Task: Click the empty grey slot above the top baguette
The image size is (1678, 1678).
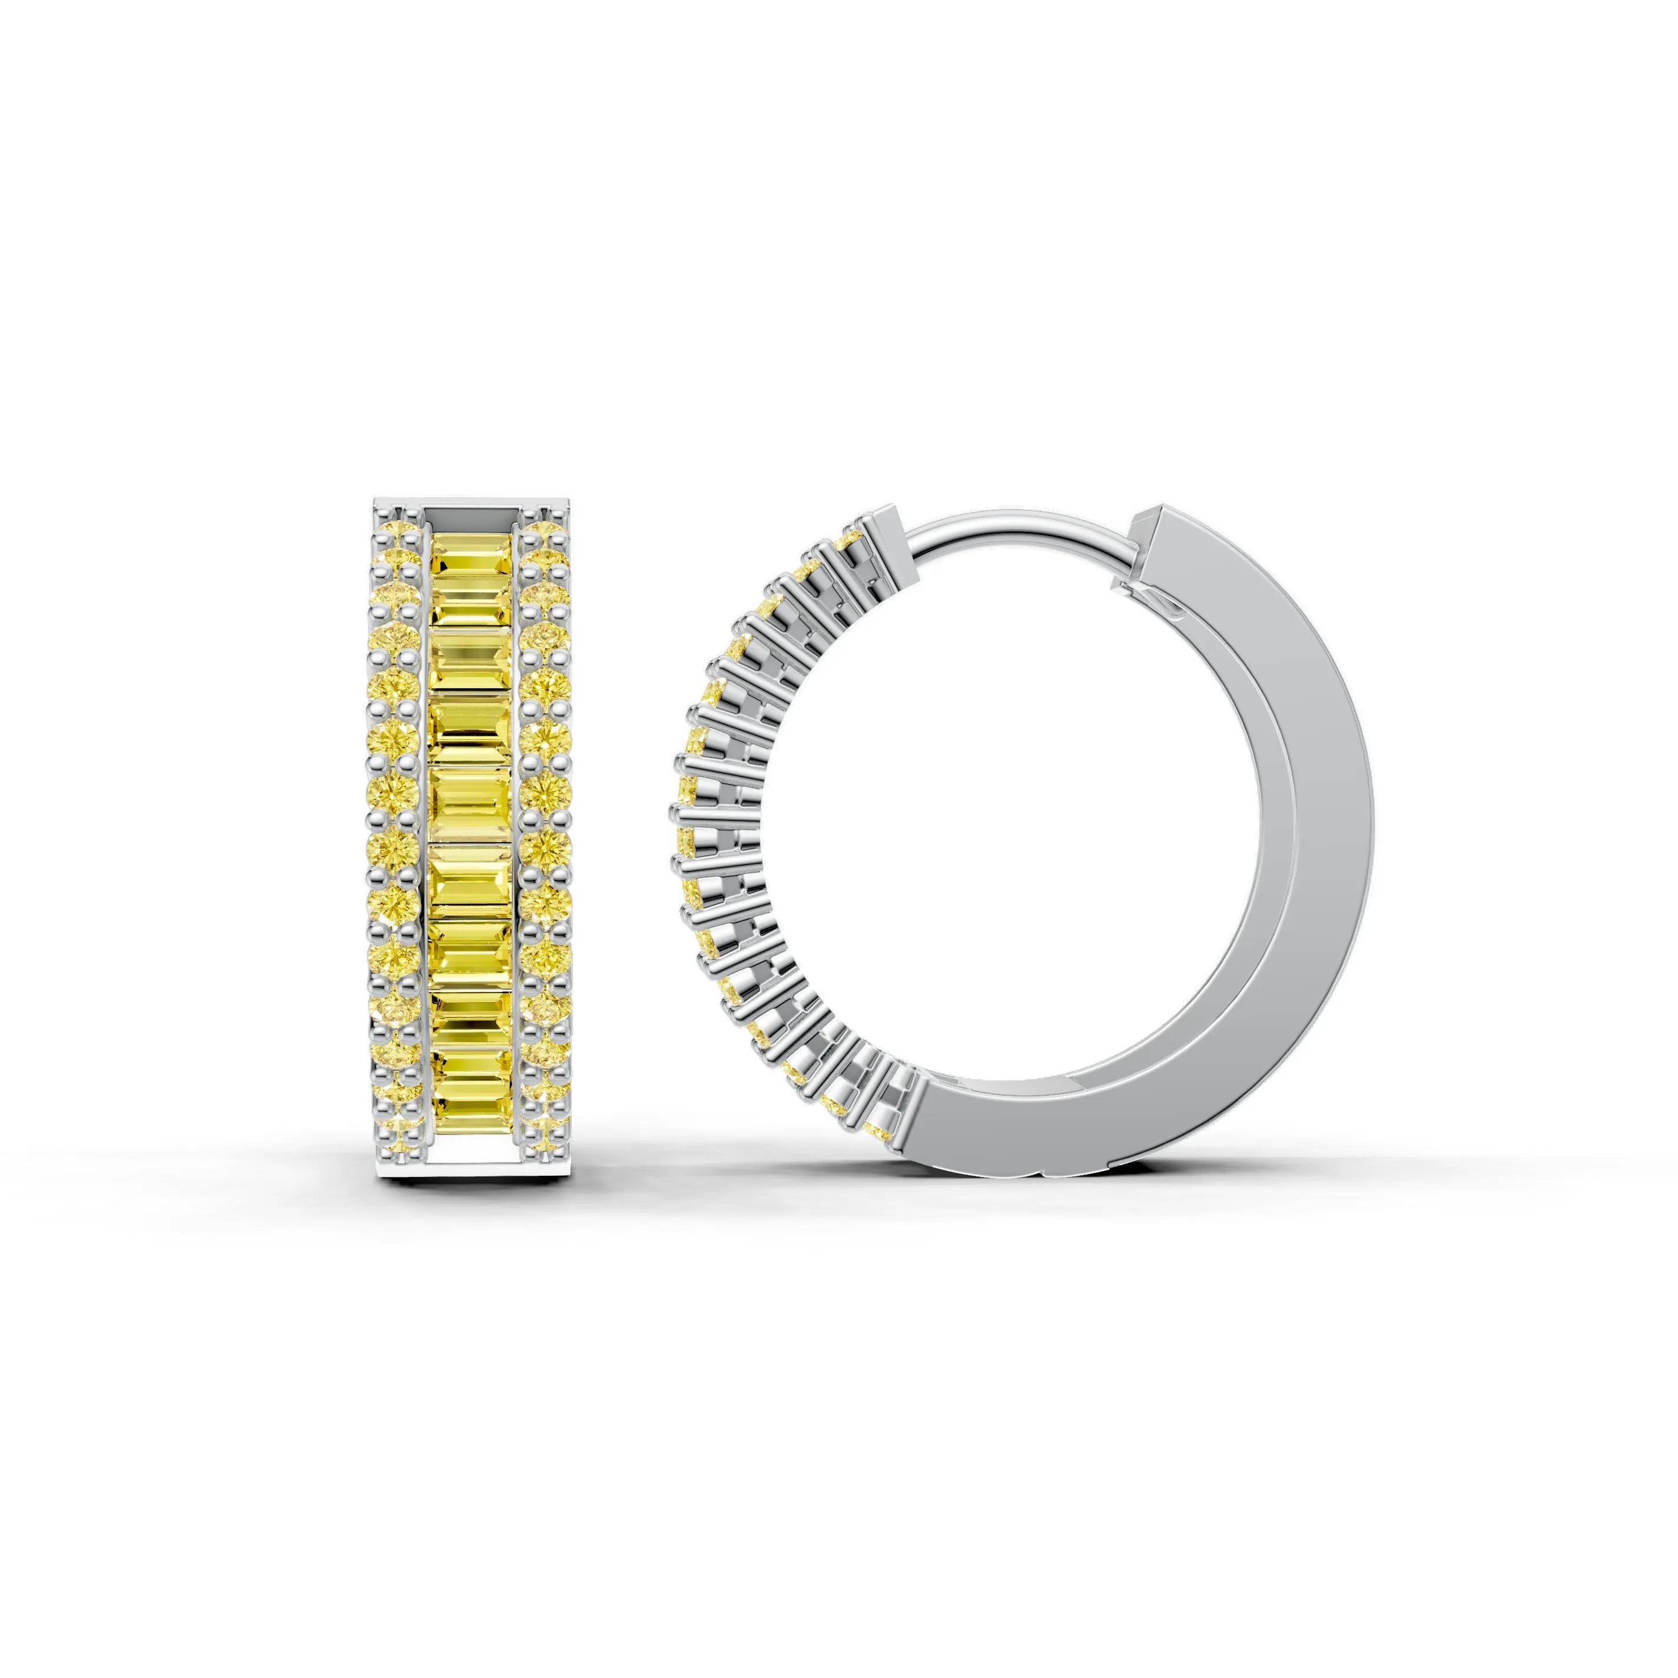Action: click(472, 518)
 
